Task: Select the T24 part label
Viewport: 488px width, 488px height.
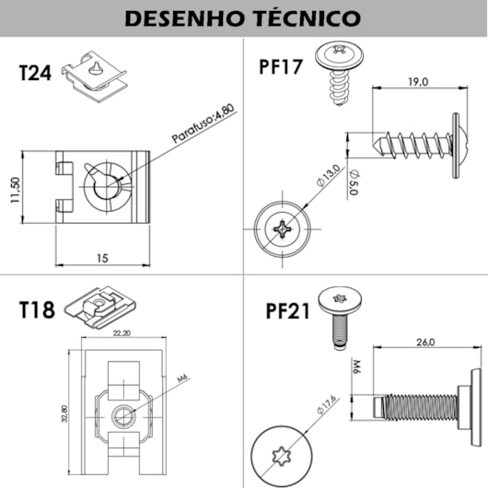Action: click(36, 74)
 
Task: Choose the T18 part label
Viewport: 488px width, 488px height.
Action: click(37, 309)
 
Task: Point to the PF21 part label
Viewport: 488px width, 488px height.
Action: click(285, 310)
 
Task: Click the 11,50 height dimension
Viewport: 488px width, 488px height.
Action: click(16, 193)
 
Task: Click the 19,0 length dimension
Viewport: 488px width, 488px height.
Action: click(418, 82)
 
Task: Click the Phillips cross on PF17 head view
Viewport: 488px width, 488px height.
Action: click(280, 227)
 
